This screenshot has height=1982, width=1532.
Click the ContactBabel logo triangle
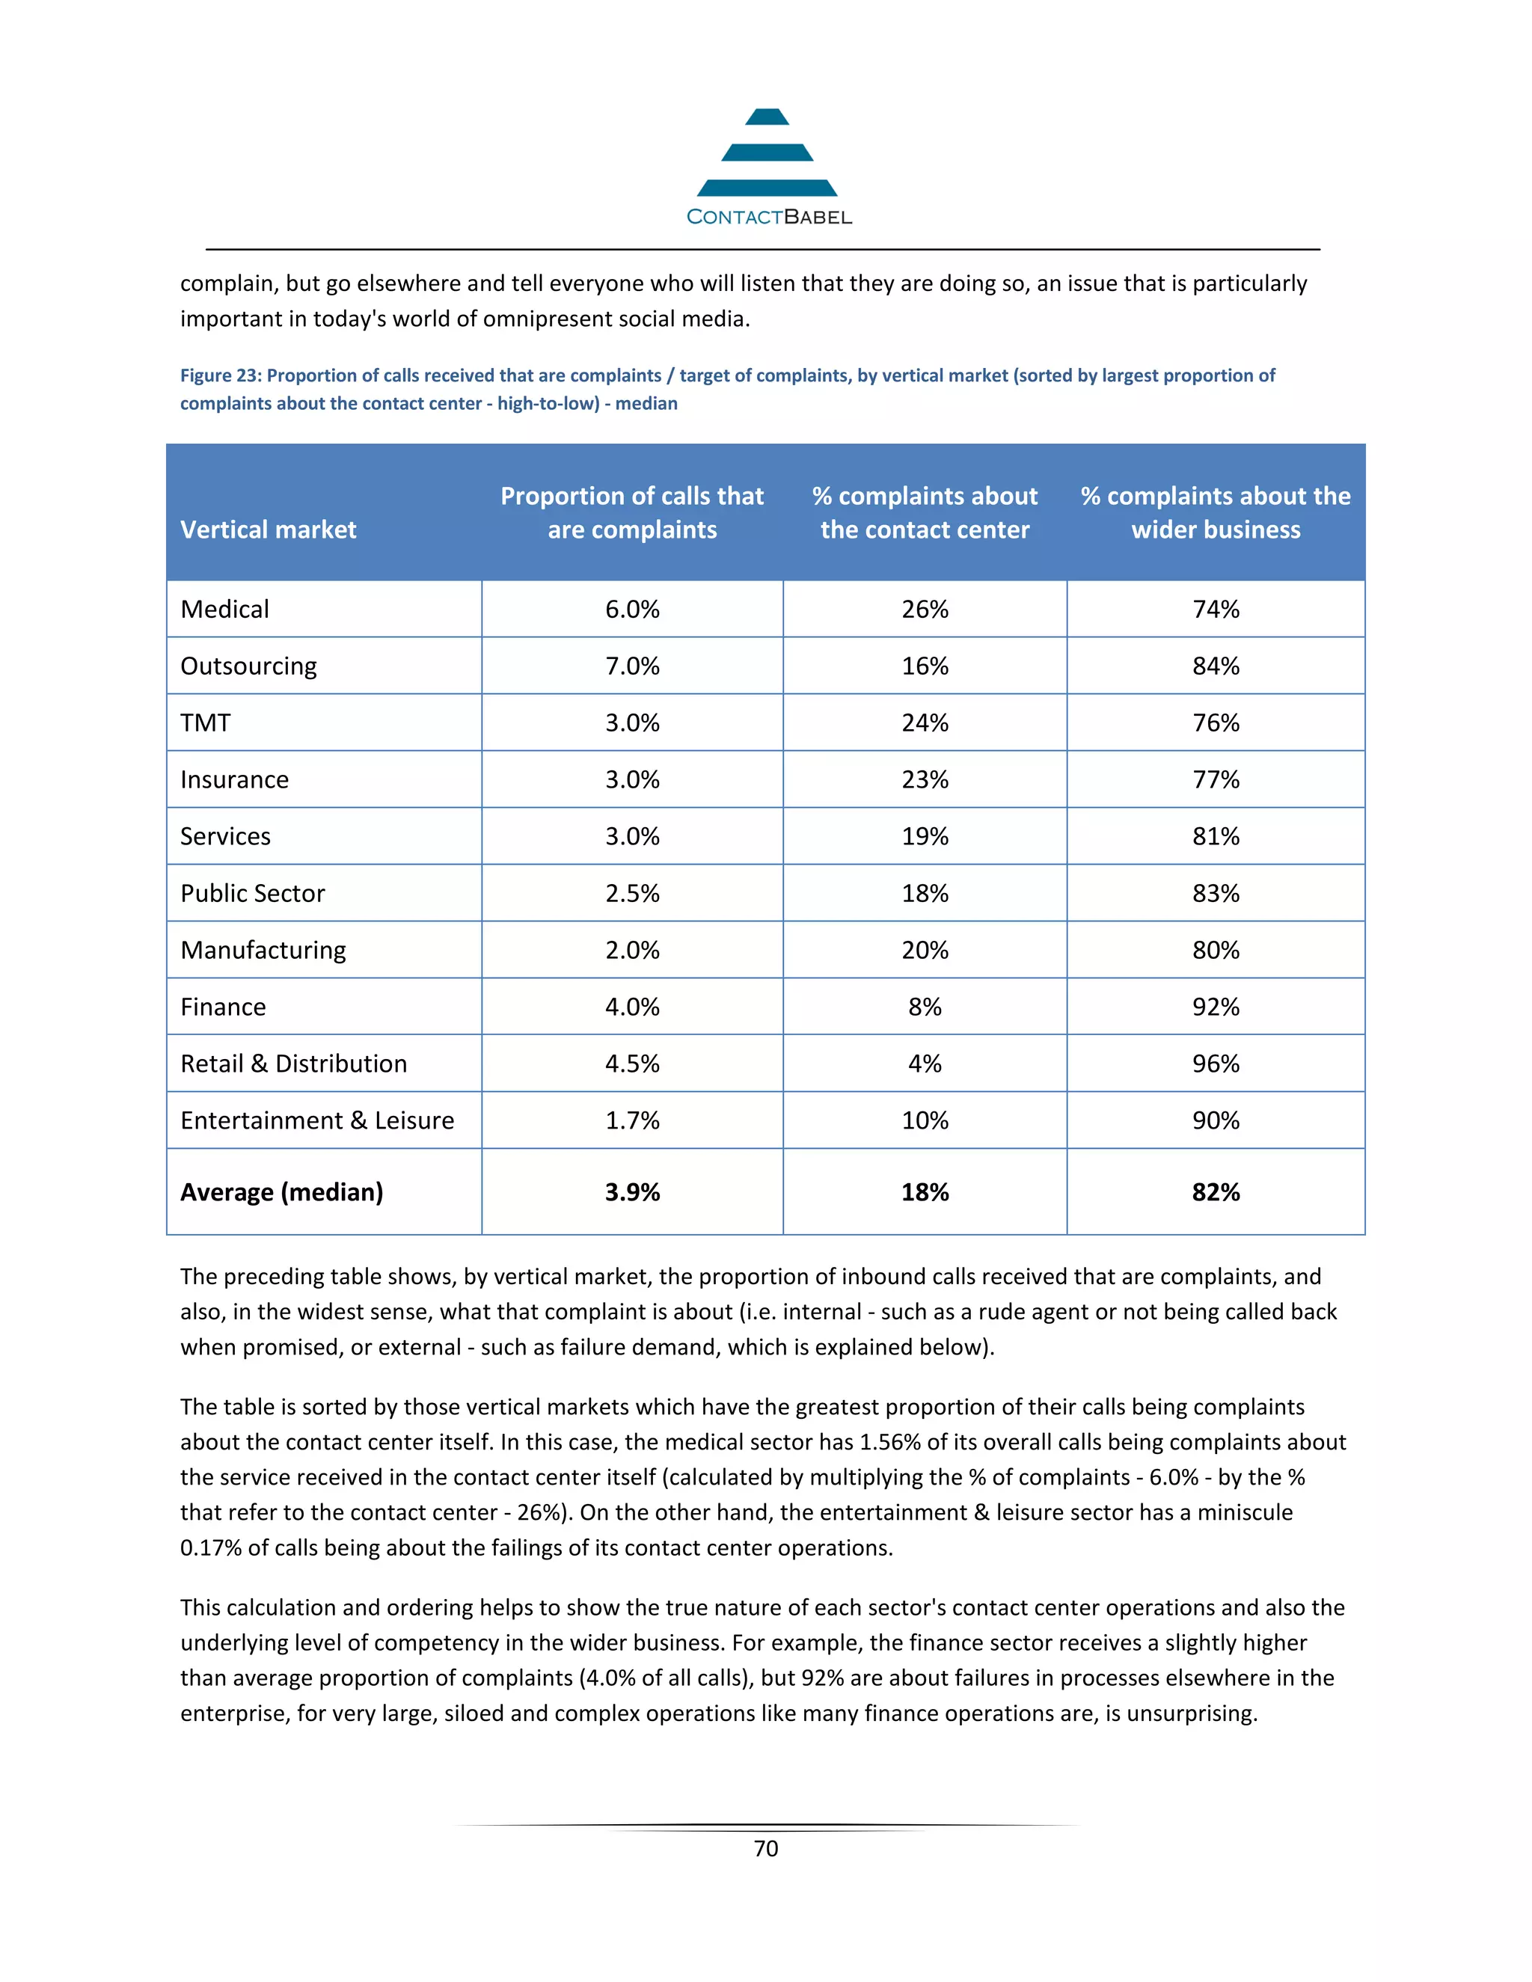click(767, 153)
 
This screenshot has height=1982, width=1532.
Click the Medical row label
click(225, 609)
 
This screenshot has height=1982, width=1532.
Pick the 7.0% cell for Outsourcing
click(633, 666)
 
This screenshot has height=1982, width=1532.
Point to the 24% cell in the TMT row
click(925, 722)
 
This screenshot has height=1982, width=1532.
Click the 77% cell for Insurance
click(1216, 779)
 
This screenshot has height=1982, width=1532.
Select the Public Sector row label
click(252, 893)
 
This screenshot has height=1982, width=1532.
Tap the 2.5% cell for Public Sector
click(633, 893)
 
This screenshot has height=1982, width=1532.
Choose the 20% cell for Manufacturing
click(925, 950)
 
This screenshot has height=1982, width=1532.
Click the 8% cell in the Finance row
click(925, 1007)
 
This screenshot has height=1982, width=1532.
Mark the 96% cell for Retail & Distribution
click(1216, 1064)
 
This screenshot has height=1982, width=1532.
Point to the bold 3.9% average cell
click(633, 1191)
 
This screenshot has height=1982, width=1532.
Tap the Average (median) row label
click(281, 1191)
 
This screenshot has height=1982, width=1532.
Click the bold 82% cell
click(1216, 1191)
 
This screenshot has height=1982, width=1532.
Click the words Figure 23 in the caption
click(218, 375)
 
